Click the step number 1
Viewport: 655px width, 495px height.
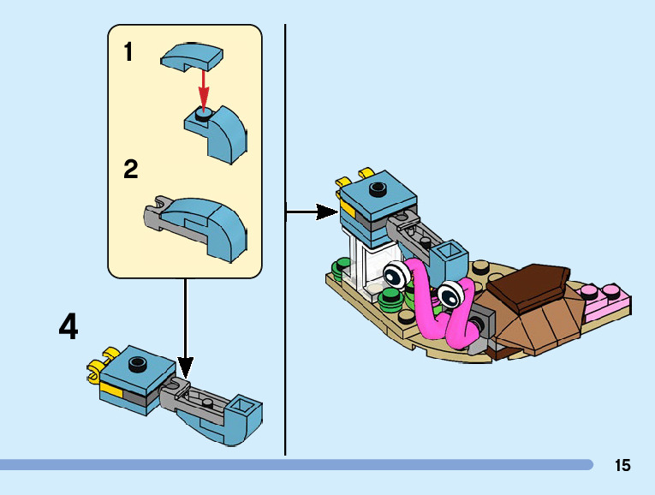tap(128, 53)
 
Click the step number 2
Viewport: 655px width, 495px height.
tap(130, 169)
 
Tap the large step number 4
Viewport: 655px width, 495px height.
tap(68, 327)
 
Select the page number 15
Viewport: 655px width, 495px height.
tap(622, 465)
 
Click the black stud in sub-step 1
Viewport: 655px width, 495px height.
tap(203, 114)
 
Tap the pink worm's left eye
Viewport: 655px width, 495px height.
tap(396, 276)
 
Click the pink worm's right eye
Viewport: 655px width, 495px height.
tap(450, 295)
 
